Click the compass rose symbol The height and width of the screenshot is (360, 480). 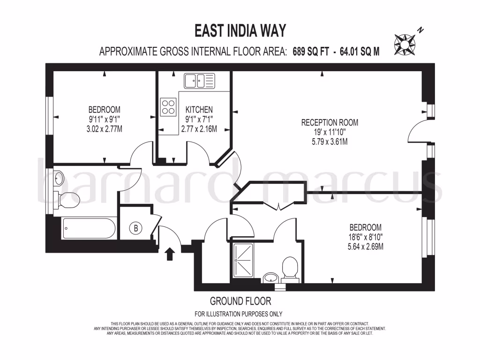point(405,43)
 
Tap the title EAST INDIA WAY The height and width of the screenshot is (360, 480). point(240,31)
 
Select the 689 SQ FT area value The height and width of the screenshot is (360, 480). point(310,52)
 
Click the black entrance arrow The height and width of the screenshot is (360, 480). point(170,254)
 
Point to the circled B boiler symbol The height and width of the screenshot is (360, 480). point(136,228)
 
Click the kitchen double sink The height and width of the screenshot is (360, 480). point(199,81)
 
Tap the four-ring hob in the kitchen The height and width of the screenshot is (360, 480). point(168,107)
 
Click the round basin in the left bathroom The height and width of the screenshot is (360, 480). point(59,178)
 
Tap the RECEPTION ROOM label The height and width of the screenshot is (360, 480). point(330,123)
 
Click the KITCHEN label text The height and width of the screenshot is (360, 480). point(199,109)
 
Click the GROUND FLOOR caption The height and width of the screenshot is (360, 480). point(240,301)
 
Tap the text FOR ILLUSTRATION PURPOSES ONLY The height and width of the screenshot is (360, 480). point(238,314)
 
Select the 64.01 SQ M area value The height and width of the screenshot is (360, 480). point(358,52)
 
